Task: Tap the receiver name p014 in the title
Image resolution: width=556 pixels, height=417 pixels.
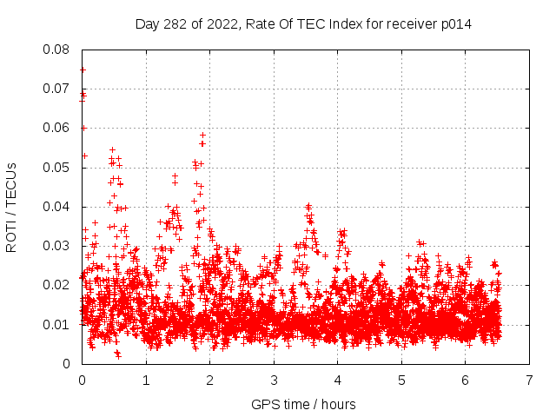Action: click(x=456, y=23)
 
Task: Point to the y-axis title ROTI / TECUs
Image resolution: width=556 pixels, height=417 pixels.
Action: click(x=11, y=207)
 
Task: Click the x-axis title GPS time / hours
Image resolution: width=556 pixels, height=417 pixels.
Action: click(x=303, y=404)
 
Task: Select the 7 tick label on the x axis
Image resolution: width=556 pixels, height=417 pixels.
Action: click(x=529, y=381)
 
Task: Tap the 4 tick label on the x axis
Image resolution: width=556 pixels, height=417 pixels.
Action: click(x=338, y=381)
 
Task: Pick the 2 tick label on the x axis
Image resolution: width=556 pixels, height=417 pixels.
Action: click(x=210, y=381)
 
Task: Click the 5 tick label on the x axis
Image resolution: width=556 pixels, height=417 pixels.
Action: click(x=401, y=381)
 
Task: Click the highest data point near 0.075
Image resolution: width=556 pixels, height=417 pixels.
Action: click(x=83, y=69)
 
